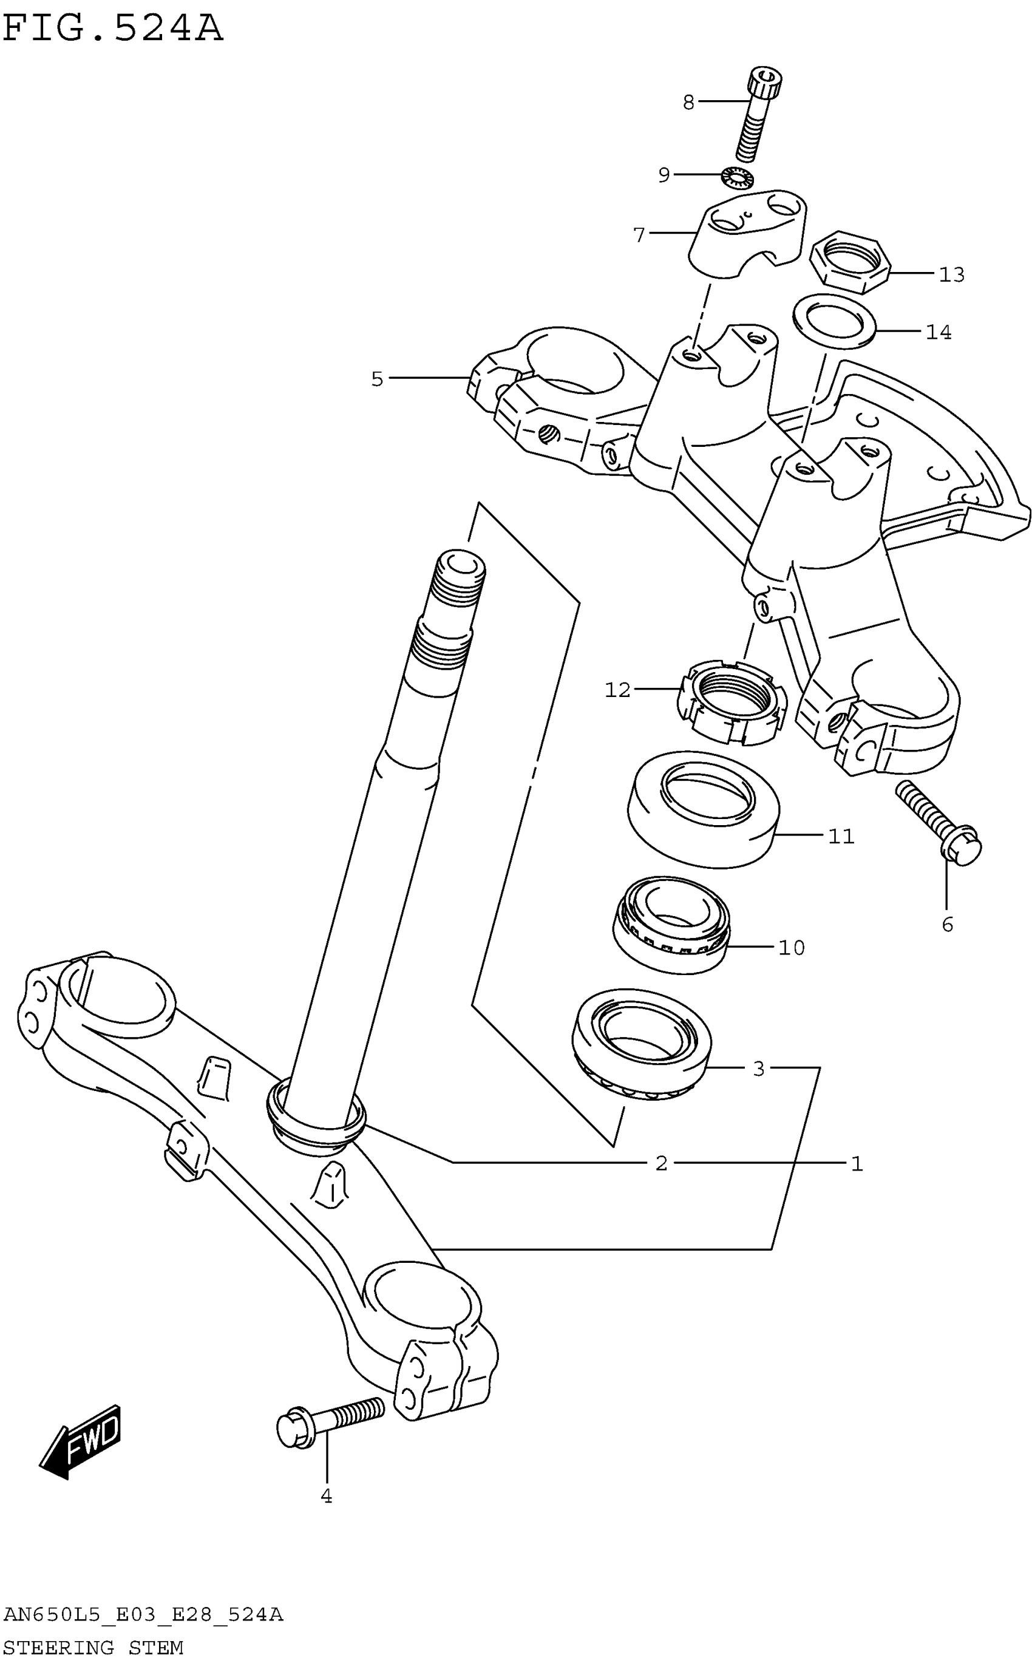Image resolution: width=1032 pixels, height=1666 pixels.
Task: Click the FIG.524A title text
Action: tap(113, 29)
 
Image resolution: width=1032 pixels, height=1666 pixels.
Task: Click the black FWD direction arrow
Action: tap(81, 1441)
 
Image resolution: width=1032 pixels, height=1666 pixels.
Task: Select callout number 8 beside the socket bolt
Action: tap(688, 103)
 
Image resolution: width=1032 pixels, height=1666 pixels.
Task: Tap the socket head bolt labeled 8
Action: tap(757, 112)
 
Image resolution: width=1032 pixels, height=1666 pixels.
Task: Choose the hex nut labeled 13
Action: tap(849, 262)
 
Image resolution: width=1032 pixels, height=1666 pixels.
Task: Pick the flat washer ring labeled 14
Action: tap(835, 321)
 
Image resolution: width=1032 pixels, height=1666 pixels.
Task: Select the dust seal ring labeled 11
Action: tap(703, 809)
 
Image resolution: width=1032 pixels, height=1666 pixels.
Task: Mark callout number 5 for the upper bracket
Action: tap(378, 379)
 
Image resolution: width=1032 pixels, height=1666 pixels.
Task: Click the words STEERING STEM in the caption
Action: tap(93, 1648)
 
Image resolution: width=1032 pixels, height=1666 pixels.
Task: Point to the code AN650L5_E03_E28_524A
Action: tap(143, 1615)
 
